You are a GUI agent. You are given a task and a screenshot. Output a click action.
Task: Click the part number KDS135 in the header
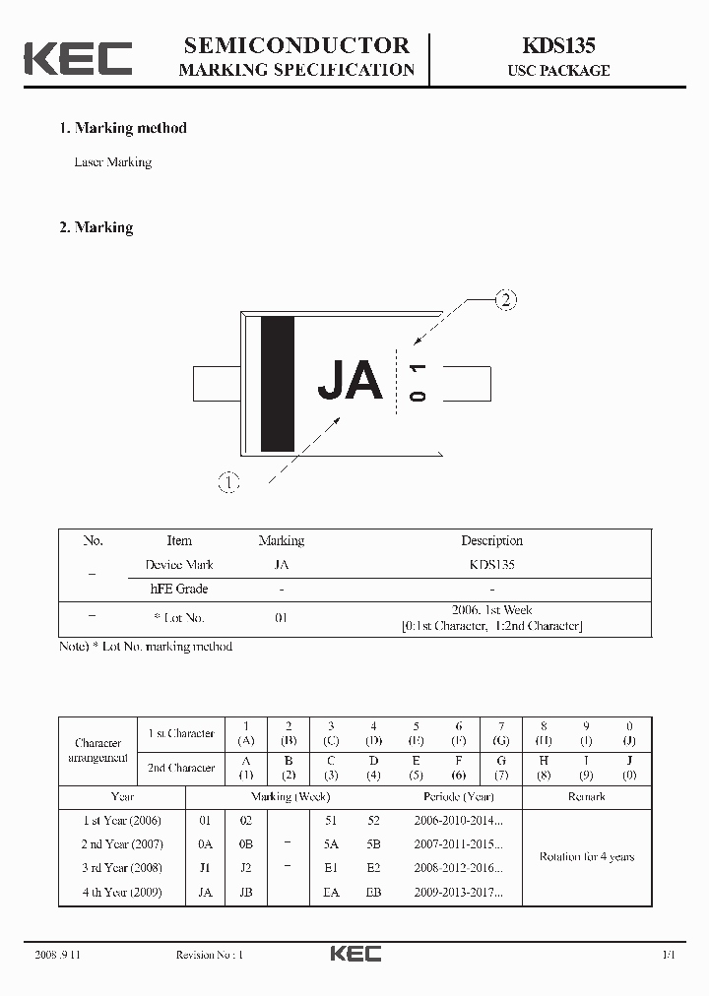tap(557, 45)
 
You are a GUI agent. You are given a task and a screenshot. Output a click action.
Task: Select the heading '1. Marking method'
tap(123, 128)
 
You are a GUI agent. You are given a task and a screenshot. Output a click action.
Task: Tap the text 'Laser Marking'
tap(113, 162)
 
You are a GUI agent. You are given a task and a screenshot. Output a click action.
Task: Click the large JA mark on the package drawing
tap(350, 381)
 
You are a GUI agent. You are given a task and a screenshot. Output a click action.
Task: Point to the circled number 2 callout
tap(504, 300)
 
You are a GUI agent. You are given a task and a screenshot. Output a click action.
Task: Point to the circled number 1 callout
tap(228, 482)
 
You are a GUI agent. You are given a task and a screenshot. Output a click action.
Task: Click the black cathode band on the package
tap(277, 383)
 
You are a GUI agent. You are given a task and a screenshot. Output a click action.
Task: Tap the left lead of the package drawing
tap(217, 383)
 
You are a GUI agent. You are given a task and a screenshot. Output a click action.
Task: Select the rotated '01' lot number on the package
tap(419, 382)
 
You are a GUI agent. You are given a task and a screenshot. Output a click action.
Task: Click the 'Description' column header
tap(491, 540)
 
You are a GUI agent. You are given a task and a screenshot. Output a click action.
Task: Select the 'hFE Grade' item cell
tap(178, 589)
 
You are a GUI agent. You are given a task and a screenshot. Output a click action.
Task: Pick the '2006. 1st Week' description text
tap(491, 610)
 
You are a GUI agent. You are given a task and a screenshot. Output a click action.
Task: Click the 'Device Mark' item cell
tap(178, 565)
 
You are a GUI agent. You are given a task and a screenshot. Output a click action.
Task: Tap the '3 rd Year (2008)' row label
tap(122, 868)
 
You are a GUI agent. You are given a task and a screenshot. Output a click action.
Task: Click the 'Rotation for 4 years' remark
tap(586, 856)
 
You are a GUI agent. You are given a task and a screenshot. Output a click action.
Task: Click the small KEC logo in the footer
tap(355, 954)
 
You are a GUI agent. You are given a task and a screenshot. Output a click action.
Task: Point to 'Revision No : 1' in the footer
tap(209, 955)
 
